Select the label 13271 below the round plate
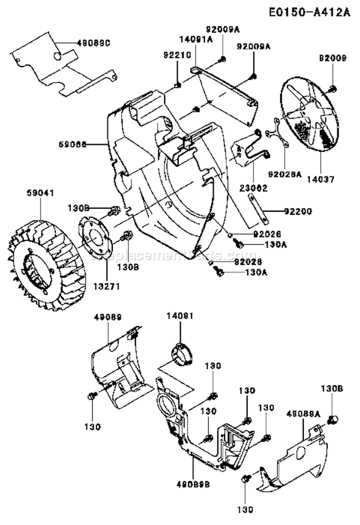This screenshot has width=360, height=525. (x=94, y=286)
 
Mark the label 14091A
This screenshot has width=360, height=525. (x=196, y=40)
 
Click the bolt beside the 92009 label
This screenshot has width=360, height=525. (x=333, y=88)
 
